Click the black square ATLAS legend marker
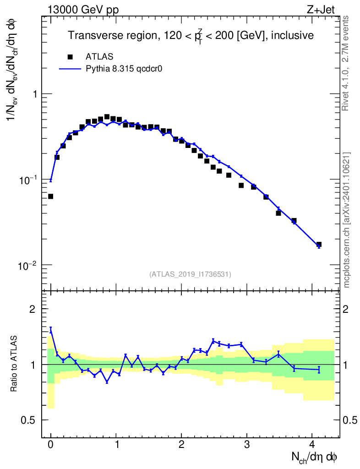point(70,57)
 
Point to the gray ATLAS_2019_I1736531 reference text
point(190,274)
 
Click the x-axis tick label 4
point(312,445)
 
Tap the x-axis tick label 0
point(50,445)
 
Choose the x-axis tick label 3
point(246,445)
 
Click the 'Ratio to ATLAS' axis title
point(14,364)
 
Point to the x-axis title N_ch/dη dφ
point(315,457)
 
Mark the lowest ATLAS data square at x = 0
point(50,196)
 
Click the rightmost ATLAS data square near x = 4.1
point(319,245)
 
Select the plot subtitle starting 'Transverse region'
point(191,36)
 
